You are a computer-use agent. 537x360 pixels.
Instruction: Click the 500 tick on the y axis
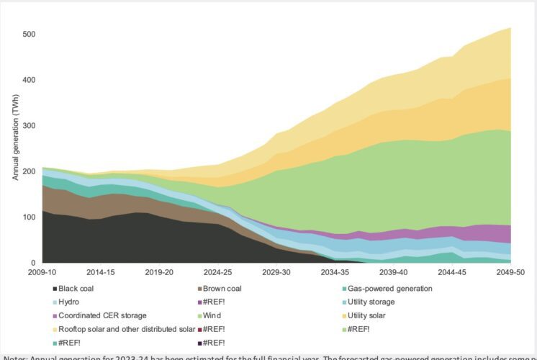click(x=29, y=34)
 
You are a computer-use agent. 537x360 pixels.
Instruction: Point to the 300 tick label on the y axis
click(x=29, y=125)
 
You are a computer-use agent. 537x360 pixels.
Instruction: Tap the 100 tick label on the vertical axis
click(x=29, y=217)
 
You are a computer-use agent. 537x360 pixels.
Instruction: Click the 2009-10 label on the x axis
click(x=42, y=273)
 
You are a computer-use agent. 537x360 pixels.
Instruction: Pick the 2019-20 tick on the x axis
click(x=158, y=273)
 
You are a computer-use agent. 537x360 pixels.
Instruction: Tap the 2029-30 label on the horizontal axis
click(x=276, y=273)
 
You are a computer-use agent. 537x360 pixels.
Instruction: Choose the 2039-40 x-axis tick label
click(x=393, y=273)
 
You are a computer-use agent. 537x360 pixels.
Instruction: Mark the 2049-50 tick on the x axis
click(x=510, y=273)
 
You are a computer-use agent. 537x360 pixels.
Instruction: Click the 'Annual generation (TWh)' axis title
click(x=15, y=148)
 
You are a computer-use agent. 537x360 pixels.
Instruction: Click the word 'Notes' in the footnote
click(x=16, y=356)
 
